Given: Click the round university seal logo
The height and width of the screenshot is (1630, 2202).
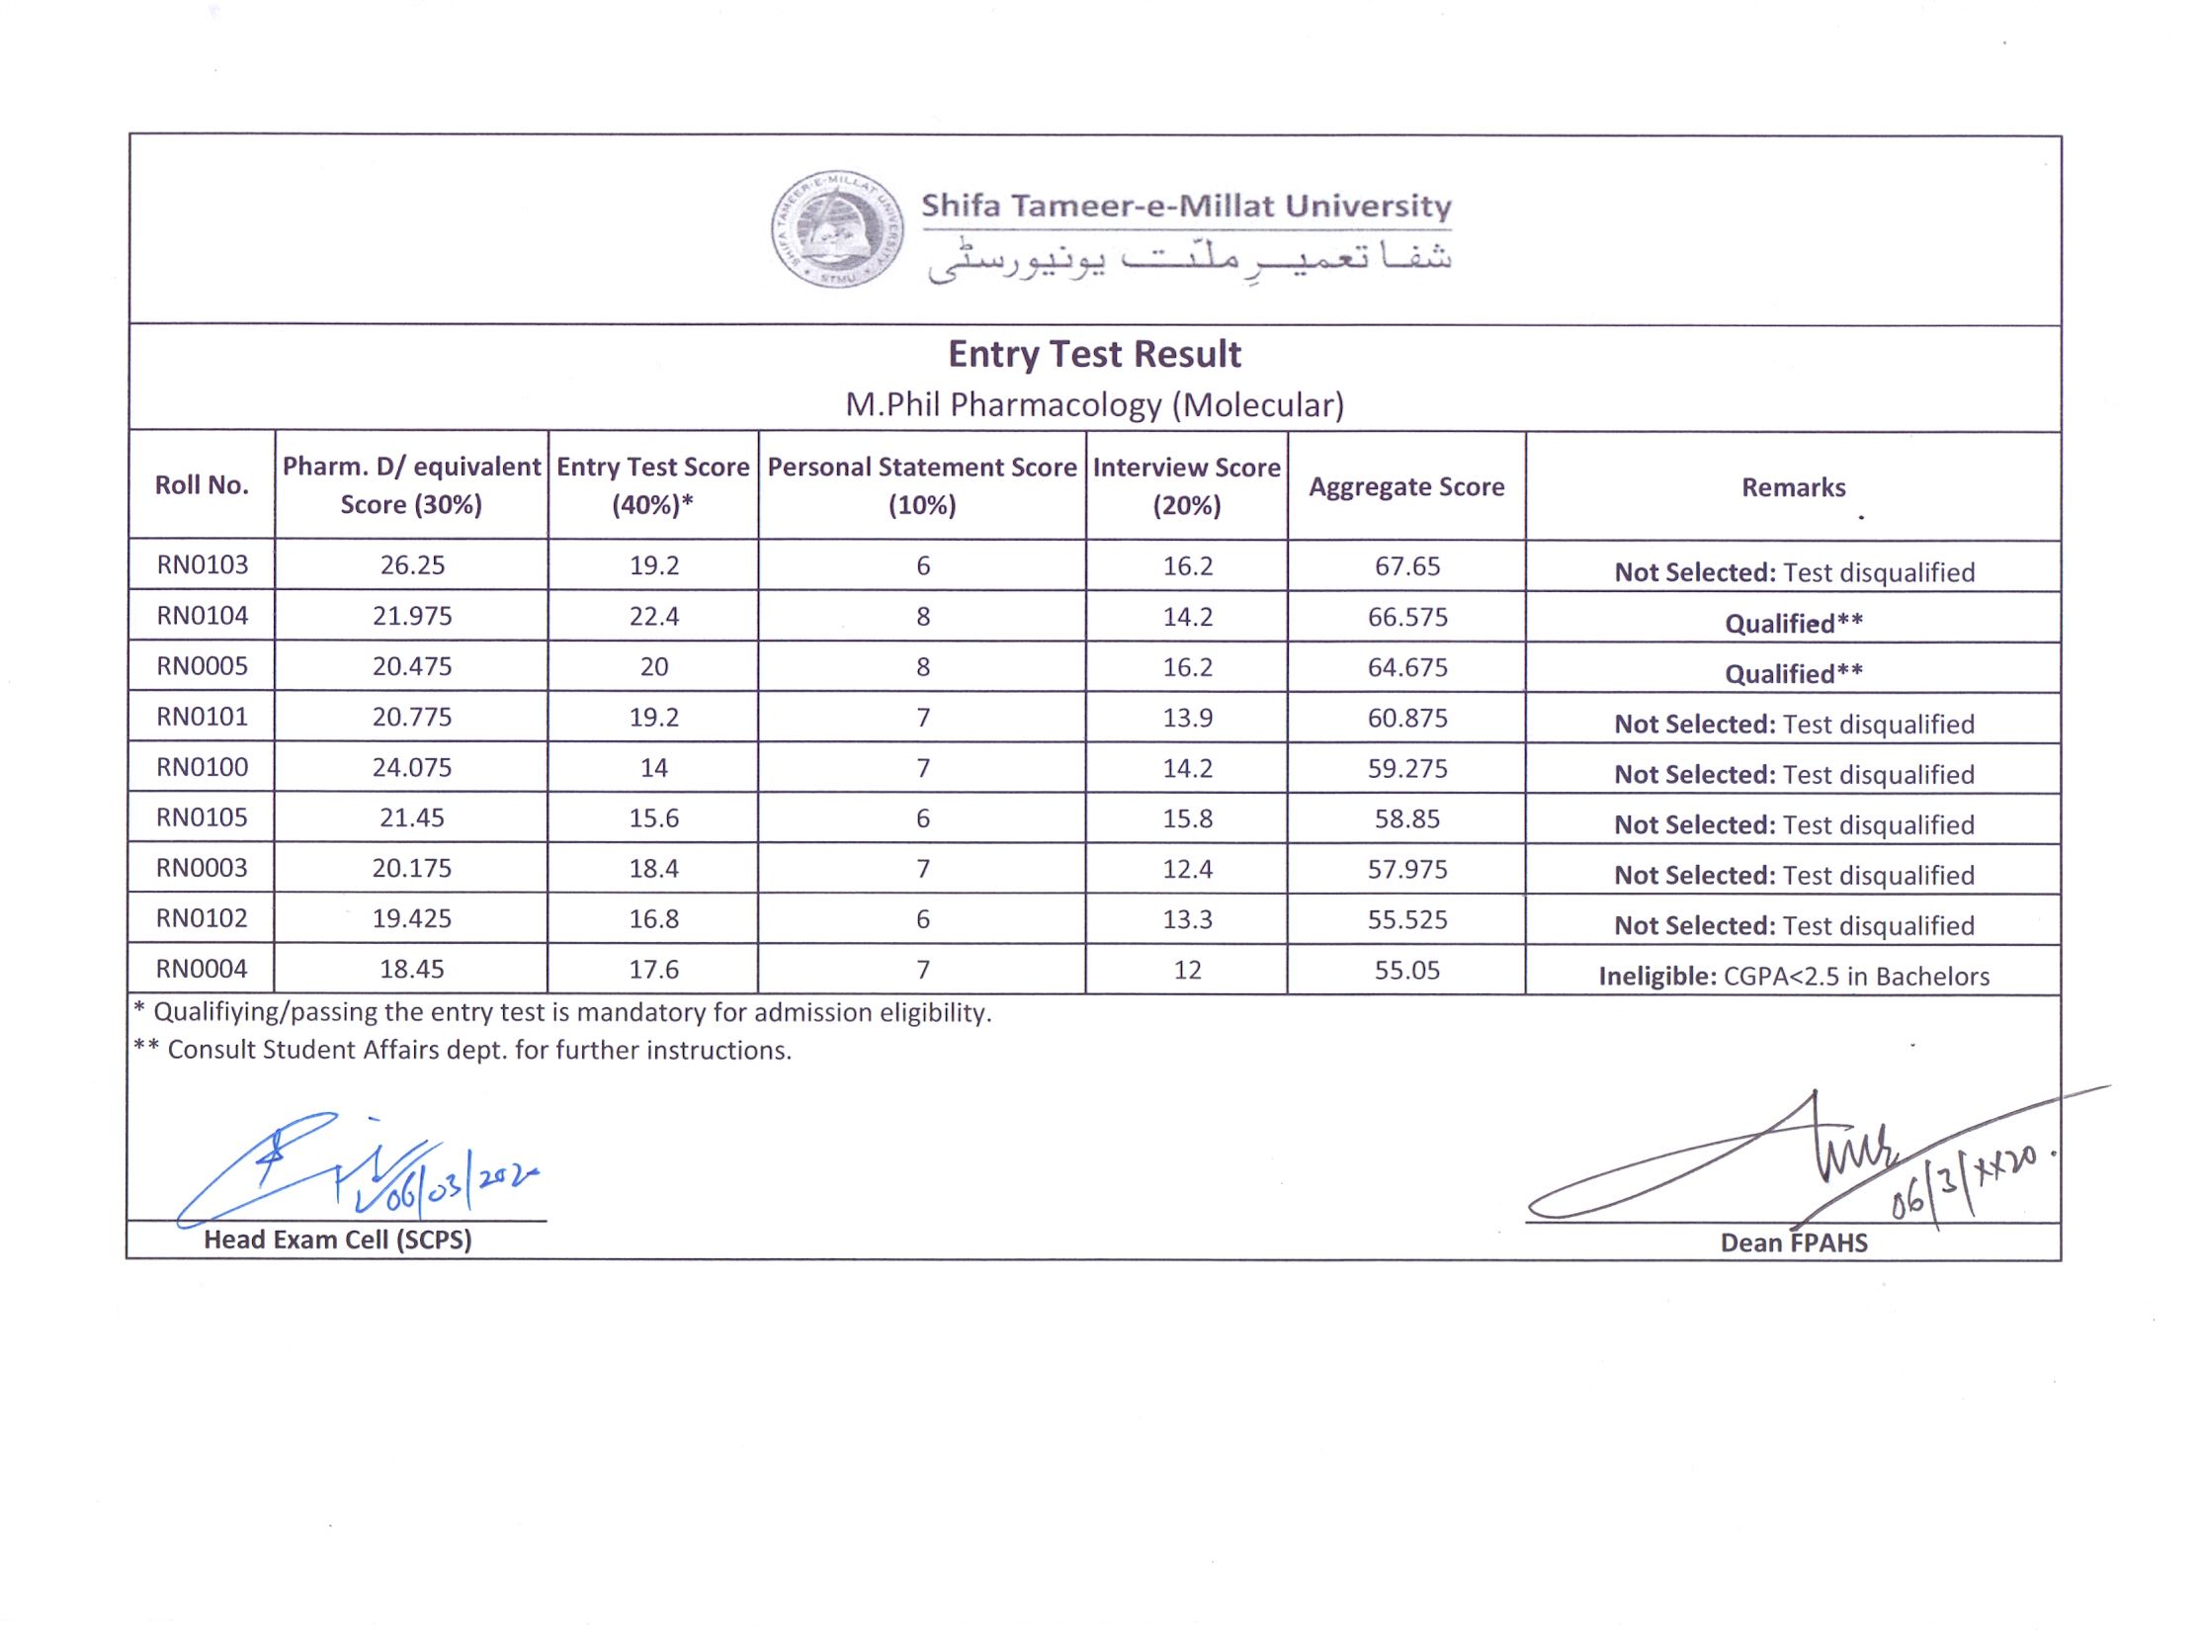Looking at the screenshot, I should pos(836,229).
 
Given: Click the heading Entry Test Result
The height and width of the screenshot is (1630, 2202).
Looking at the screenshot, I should pos(1094,354).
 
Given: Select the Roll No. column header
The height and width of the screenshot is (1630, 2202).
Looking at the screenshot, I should pos(202,485).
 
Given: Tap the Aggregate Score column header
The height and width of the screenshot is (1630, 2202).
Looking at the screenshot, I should pos(1406,486).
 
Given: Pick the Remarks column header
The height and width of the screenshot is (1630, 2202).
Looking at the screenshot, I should pos(1793,487).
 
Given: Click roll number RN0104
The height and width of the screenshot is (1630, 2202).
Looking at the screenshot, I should pos(202,616).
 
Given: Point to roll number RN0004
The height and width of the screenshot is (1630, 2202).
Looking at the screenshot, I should pos(202,969).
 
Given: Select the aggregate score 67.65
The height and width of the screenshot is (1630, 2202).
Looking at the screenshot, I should pos(1407,566).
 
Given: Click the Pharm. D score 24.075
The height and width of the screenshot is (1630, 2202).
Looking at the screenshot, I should pos(411,768).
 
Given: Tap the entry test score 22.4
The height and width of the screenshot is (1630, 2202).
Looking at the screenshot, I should pos(653,617).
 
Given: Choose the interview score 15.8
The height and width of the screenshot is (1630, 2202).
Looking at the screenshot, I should pos(1187,818).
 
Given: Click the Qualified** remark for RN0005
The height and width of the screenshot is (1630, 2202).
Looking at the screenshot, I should pos(1794,674).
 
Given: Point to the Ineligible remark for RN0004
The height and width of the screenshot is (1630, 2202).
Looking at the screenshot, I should pos(1794,977).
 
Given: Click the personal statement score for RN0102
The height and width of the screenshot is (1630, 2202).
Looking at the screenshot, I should pos(922,919).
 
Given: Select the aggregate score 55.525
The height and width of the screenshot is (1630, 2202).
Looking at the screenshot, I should pos(1407,919).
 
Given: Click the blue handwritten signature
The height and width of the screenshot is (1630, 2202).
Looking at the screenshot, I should pos(356,1171).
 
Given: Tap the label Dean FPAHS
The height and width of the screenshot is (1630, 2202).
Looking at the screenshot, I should pos(1794,1243).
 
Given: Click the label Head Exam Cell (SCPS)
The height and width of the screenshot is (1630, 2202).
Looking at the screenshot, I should pos(338,1240).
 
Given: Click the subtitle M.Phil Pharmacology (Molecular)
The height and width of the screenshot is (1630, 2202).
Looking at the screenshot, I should pos(1094,405).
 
